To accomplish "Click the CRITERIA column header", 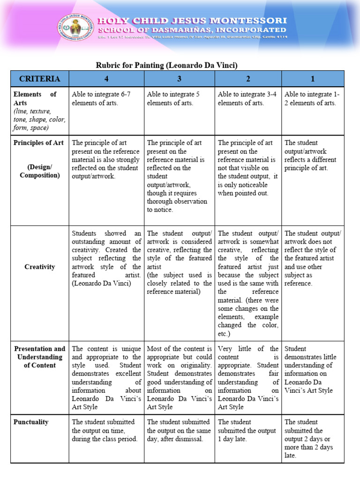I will (x=39, y=78).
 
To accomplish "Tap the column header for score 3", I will (x=179, y=78).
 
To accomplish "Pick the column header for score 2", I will (x=248, y=78).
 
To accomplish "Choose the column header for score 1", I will (x=313, y=78).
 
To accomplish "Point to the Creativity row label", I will (x=39, y=267).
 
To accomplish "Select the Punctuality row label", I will (x=31, y=422).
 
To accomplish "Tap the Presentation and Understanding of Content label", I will (x=39, y=357).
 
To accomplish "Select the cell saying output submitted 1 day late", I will (x=247, y=430).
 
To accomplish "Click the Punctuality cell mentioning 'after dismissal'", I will (x=179, y=430).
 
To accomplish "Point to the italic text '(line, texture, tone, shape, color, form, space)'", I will (x=39, y=120).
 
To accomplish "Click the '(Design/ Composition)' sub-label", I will (x=39, y=171).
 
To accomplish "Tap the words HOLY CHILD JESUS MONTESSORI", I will (x=192, y=21).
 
